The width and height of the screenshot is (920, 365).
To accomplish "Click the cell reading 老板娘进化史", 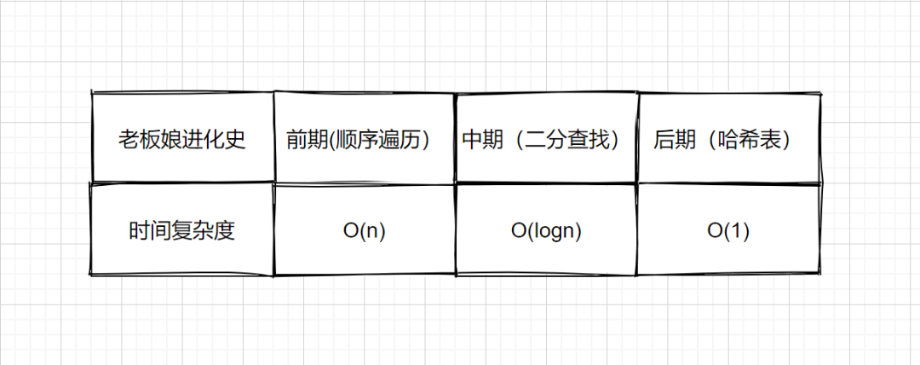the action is tap(182, 139).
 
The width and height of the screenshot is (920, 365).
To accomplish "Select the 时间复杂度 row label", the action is tap(182, 231).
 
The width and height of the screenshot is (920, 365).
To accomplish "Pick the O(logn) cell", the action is tap(546, 231).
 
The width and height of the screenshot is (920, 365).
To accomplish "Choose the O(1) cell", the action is tap(728, 231).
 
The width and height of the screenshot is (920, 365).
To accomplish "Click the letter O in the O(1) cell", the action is tap(715, 231).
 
